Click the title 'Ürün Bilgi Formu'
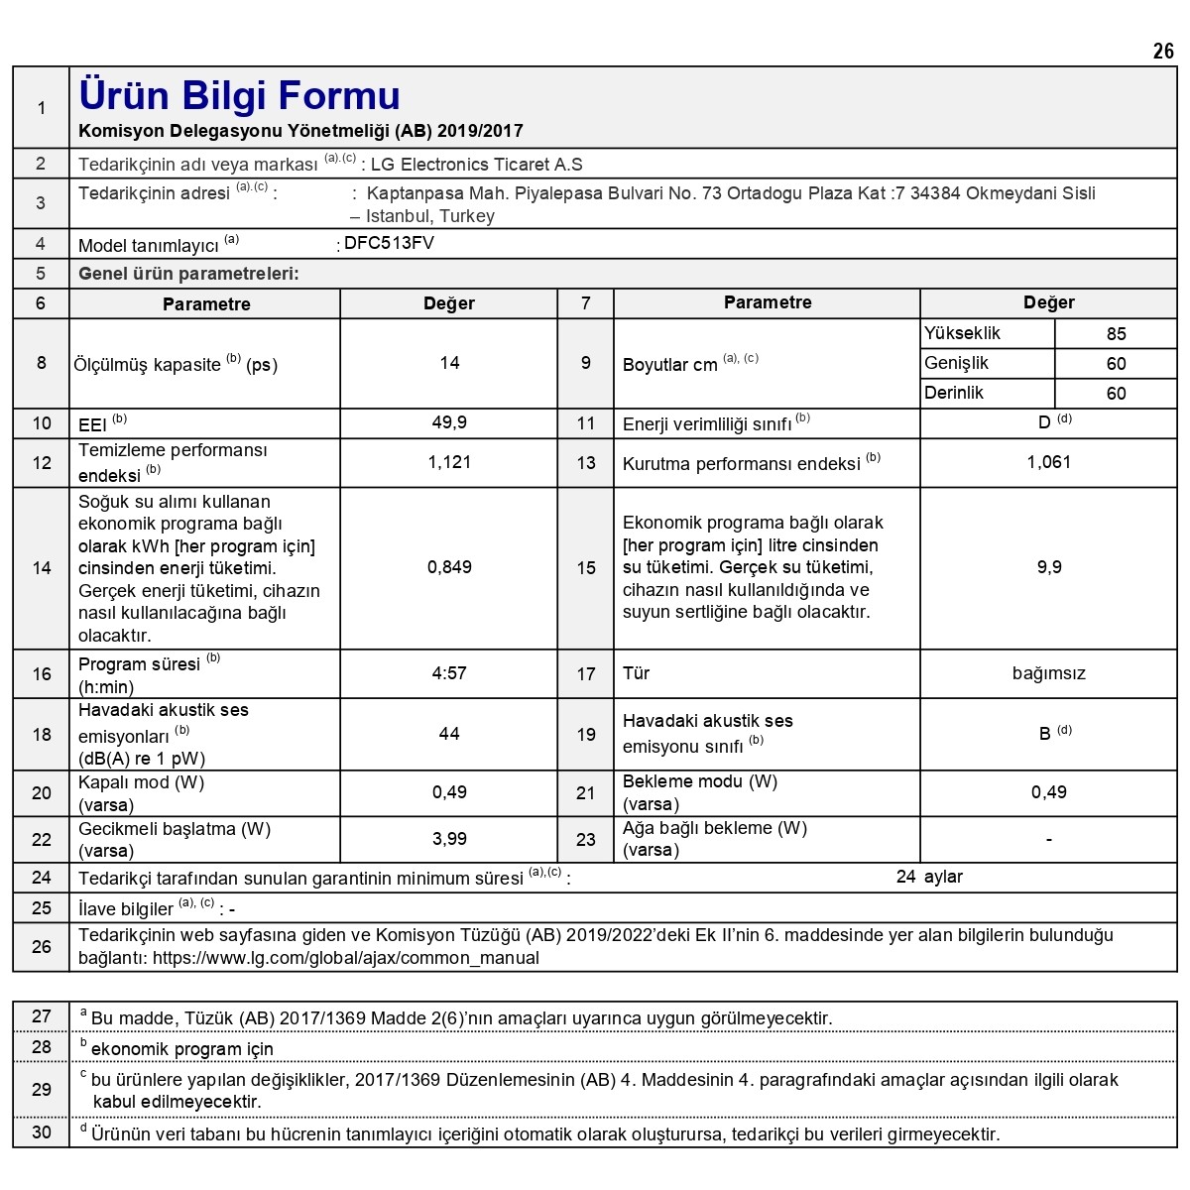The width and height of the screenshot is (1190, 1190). point(239,96)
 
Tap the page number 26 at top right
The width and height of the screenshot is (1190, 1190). point(1163,52)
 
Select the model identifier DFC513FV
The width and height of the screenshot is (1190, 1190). point(389,243)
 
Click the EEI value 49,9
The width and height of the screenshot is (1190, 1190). point(449,423)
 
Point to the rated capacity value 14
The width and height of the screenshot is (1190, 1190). point(449,363)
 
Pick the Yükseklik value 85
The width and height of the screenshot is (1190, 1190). point(1116,334)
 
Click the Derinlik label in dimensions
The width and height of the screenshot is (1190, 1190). point(954,393)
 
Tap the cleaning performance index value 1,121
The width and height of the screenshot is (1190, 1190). point(449,462)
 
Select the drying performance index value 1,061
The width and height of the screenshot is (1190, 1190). point(1048,462)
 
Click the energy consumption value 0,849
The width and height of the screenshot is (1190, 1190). point(449,567)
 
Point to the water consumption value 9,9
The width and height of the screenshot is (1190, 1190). point(1048,567)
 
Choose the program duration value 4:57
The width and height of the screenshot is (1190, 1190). point(449,673)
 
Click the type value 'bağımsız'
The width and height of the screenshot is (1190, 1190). point(1048,673)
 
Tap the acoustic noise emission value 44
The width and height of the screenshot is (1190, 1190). point(449,734)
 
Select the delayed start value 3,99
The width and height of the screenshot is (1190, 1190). point(449,839)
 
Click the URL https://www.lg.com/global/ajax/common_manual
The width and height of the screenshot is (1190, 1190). point(346,958)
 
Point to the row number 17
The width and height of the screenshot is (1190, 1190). point(586,674)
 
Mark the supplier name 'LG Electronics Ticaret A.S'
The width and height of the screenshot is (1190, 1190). point(476,165)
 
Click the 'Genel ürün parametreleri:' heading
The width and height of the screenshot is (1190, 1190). point(188,274)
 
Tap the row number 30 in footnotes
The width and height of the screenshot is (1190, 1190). point(42,1132)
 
